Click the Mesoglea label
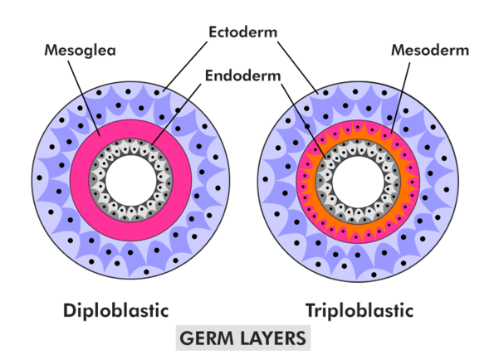tap(80, 51)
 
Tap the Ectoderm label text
tap(242, 32)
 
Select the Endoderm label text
tap(242, 75)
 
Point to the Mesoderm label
tap(430, 50)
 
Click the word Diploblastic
tap(116, 310)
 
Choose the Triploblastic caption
tap(360, 310)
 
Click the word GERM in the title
tap(207, 338)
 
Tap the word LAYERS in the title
tap(273, 338)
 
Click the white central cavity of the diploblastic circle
tap(131, 180)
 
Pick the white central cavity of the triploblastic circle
tap(358, 182)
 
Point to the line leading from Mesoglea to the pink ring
tap(85, 98)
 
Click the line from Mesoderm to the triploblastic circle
tap(400, 98)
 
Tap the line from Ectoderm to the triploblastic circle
tap(298, 67)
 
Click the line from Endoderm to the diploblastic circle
tap(176, 114)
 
